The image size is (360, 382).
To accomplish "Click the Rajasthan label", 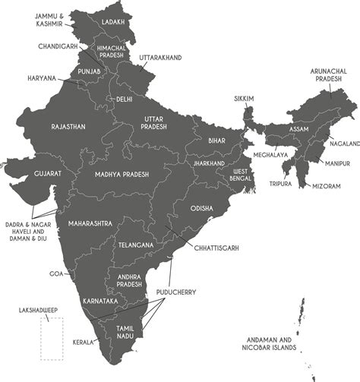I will tap(68, 126).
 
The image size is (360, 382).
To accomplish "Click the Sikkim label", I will tap(243, 98).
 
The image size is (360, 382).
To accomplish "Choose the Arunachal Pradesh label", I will tap(328, 76).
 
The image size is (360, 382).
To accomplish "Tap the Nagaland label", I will tap(344, 144).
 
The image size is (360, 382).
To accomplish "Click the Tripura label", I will tap(281, 183).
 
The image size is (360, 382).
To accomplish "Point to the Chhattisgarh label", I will tap(216, 248).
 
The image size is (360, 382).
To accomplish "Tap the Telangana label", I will tap(136, 245).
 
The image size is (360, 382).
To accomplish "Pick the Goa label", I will tap(56, 273).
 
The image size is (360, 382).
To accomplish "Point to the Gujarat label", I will tap(47, 174).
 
